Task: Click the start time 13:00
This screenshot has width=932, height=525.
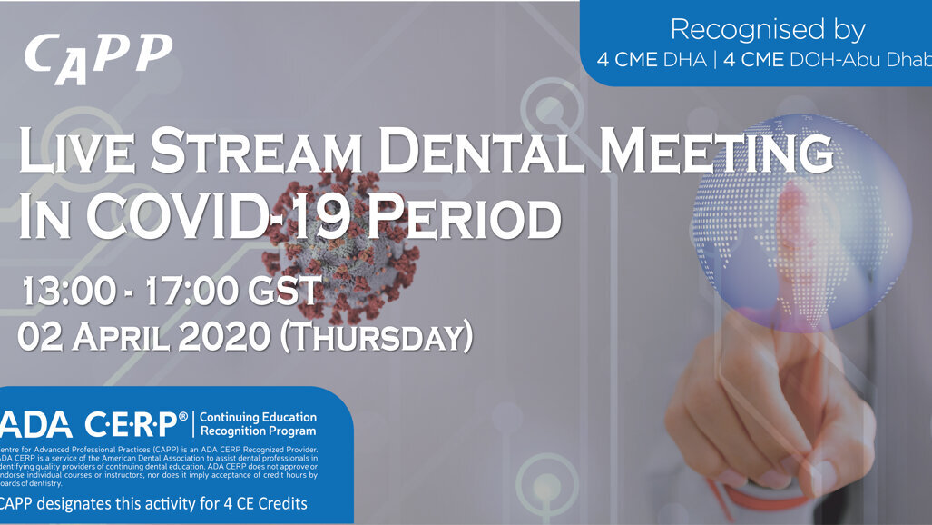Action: [68, 291]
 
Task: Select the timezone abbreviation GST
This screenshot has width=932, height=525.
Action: [286, 291]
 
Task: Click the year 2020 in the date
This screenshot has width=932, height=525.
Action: [223, 336]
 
